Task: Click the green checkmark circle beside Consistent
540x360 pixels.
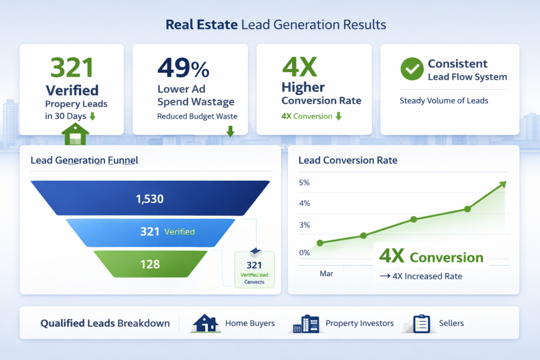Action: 412,70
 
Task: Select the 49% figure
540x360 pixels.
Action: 183,69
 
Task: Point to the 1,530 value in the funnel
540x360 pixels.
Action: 150,199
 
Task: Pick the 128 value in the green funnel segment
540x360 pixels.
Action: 150,264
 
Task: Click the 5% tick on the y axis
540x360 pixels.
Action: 304,183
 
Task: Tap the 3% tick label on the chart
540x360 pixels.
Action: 304,225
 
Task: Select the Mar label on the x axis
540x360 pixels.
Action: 326,274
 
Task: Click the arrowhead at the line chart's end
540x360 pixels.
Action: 502,184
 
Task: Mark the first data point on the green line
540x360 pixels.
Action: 320,243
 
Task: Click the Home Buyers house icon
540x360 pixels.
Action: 206,323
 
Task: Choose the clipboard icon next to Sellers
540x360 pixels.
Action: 421,323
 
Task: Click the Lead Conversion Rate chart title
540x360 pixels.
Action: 348,160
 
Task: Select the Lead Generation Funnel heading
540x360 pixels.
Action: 84,160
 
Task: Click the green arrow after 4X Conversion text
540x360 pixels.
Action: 338,116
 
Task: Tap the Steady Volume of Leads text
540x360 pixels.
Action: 443,101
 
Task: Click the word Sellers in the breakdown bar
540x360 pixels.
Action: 451,323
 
